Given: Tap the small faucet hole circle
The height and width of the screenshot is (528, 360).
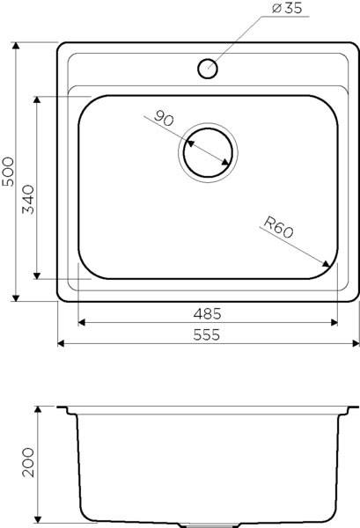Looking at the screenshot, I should coord(208,68).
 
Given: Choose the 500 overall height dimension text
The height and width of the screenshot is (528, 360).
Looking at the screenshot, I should coord(8,170).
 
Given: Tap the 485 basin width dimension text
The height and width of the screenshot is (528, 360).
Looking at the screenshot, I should coord(208,313).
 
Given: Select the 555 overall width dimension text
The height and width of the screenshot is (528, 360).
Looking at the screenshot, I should coord(208,334).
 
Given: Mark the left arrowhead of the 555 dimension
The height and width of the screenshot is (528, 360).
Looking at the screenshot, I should coord(61,344).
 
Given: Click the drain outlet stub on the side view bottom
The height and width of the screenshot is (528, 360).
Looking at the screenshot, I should coord(208,524).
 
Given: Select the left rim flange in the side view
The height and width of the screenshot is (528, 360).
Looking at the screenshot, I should coord(67,410).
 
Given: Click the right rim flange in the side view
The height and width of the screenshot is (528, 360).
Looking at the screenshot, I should coord(350,410).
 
